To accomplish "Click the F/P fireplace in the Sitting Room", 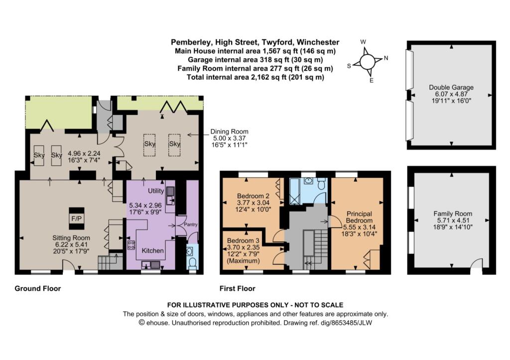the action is (77, 219).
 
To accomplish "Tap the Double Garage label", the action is (451, 87).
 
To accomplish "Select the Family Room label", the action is (453, 214).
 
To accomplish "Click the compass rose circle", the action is (367, 61).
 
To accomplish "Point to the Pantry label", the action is (191, 225).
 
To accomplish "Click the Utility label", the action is (156, 191).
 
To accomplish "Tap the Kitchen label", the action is (152, 250).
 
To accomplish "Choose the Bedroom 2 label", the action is (253, 196).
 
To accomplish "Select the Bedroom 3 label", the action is (243, 240).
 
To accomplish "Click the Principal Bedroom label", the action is (359, 217).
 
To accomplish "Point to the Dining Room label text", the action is (229, 132).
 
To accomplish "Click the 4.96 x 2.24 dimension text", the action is (84, 153).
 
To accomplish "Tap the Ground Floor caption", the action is (38, 288).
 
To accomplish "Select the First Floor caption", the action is (238, 288).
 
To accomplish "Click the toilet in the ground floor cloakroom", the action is (193, 263).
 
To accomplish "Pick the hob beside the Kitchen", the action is (131, 244).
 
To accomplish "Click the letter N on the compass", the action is (386, 58).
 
